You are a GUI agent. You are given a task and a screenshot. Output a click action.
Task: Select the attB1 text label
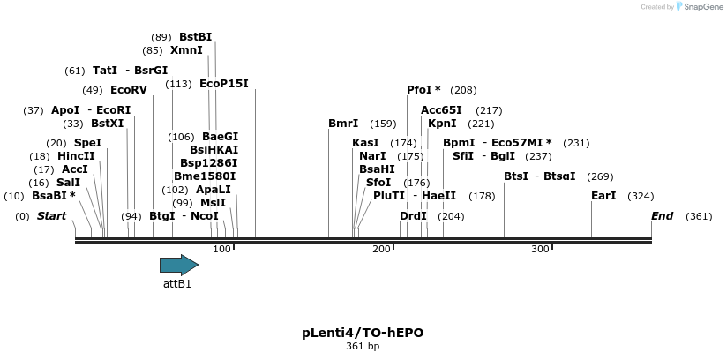[177, 284]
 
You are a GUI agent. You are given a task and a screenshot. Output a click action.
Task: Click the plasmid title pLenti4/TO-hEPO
[363, 333]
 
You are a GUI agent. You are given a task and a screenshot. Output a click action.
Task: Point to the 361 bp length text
[363, 347]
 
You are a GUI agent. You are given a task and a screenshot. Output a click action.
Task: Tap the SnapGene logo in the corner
[701, 7]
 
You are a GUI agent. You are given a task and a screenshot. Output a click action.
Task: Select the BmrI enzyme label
[343, 124]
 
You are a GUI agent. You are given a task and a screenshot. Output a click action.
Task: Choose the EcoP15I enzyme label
[224, 84]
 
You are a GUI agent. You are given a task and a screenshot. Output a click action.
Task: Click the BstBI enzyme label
[196, 37]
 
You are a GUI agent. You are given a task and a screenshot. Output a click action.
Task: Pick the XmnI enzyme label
[186, 50]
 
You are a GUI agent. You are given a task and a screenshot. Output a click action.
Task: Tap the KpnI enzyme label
[442, 124]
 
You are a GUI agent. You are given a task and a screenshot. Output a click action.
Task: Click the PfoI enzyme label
[423, 90]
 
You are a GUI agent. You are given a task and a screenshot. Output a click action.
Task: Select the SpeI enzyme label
[87, 143]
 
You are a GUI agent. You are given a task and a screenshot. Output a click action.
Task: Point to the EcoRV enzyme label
[129, 90]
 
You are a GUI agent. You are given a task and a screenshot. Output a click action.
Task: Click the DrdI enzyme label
[413, 216]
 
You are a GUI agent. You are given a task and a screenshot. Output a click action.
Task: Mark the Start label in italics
[51, 216]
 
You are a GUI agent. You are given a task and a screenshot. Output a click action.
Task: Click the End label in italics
[663, 216]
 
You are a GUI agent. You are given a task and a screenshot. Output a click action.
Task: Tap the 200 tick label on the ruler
[381, 250]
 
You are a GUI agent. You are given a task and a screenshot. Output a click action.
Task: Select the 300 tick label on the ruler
[540, 250]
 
